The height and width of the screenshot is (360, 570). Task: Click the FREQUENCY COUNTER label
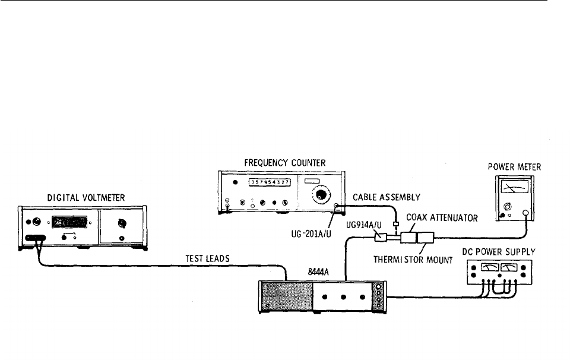pyautogui.click(x=285, y=162)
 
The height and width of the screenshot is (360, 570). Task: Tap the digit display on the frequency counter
pyautogui.click(x=270, y=182)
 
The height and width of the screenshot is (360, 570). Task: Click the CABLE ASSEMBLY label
pyautogui.click(x=387, y=197)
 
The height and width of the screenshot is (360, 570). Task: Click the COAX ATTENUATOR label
pyautogui.click(x=442, y=218)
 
